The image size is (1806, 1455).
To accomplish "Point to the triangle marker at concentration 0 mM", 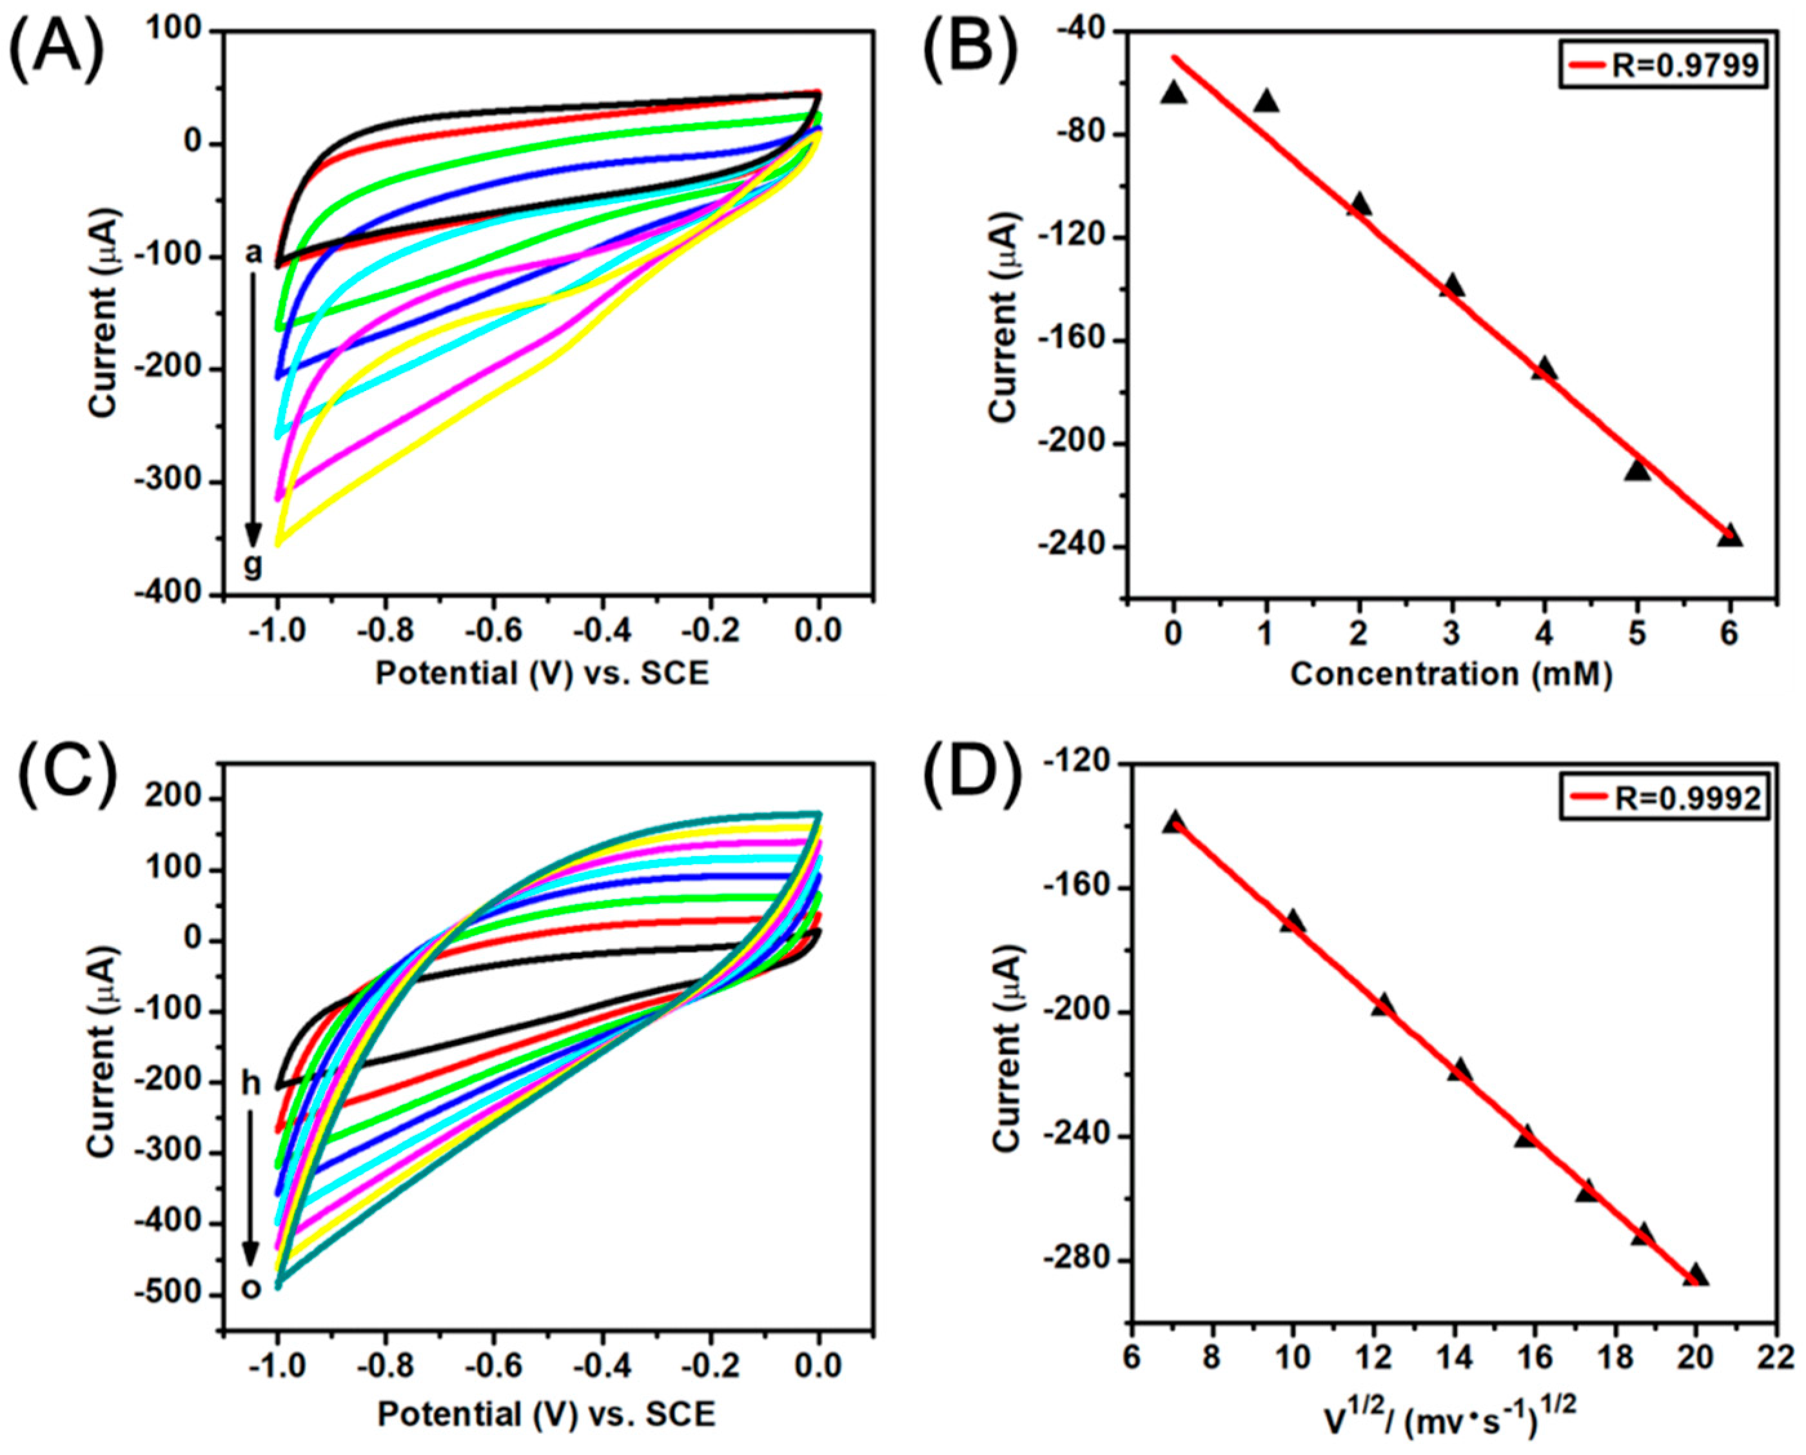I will pyautogui.click(x=1174, y=93).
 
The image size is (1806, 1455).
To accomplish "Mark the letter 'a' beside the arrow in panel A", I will pyautogui.click(x=253, y=252).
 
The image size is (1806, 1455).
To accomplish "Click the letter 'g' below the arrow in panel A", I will pyautogui.click(x=253, y=566).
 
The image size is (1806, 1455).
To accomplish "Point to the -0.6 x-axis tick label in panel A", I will pyautogui.click(x=493, y=630).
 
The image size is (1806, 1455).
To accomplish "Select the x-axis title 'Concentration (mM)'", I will pyautogui.click(x=1451, y=675).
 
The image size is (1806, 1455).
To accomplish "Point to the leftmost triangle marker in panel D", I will pyautogui.click(x=1174, y=822).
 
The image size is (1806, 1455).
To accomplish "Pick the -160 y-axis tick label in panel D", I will pyautogui.click(x=1081, y=888).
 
